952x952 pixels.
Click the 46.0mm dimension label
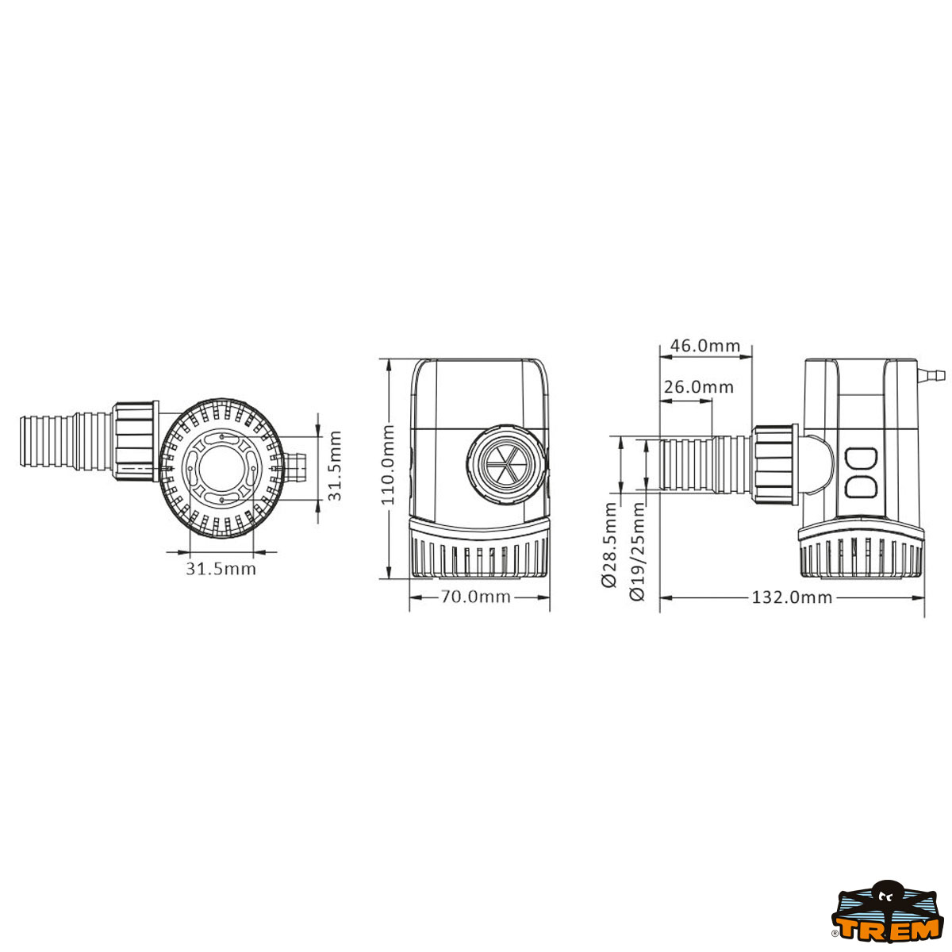point(704,345)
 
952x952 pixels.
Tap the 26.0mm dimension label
point(698,387)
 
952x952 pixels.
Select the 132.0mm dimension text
point(792,598)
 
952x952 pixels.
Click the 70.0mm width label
point(475,597)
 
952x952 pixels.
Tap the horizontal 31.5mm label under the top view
point(221,569)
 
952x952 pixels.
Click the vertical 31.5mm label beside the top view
point(335,466)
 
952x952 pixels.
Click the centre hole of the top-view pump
point(221,467)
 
